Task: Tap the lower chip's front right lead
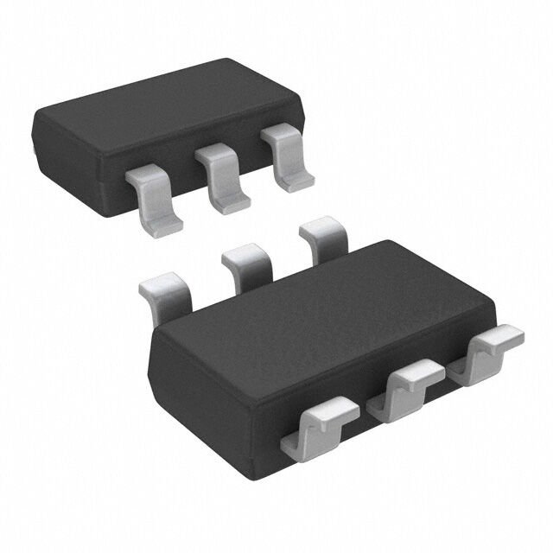pyautogui.click(x=493, y=346)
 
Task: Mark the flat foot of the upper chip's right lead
pyautogui.click(x=294, y=177)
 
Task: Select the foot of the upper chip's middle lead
pyautogui.click(x=230, y=200)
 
